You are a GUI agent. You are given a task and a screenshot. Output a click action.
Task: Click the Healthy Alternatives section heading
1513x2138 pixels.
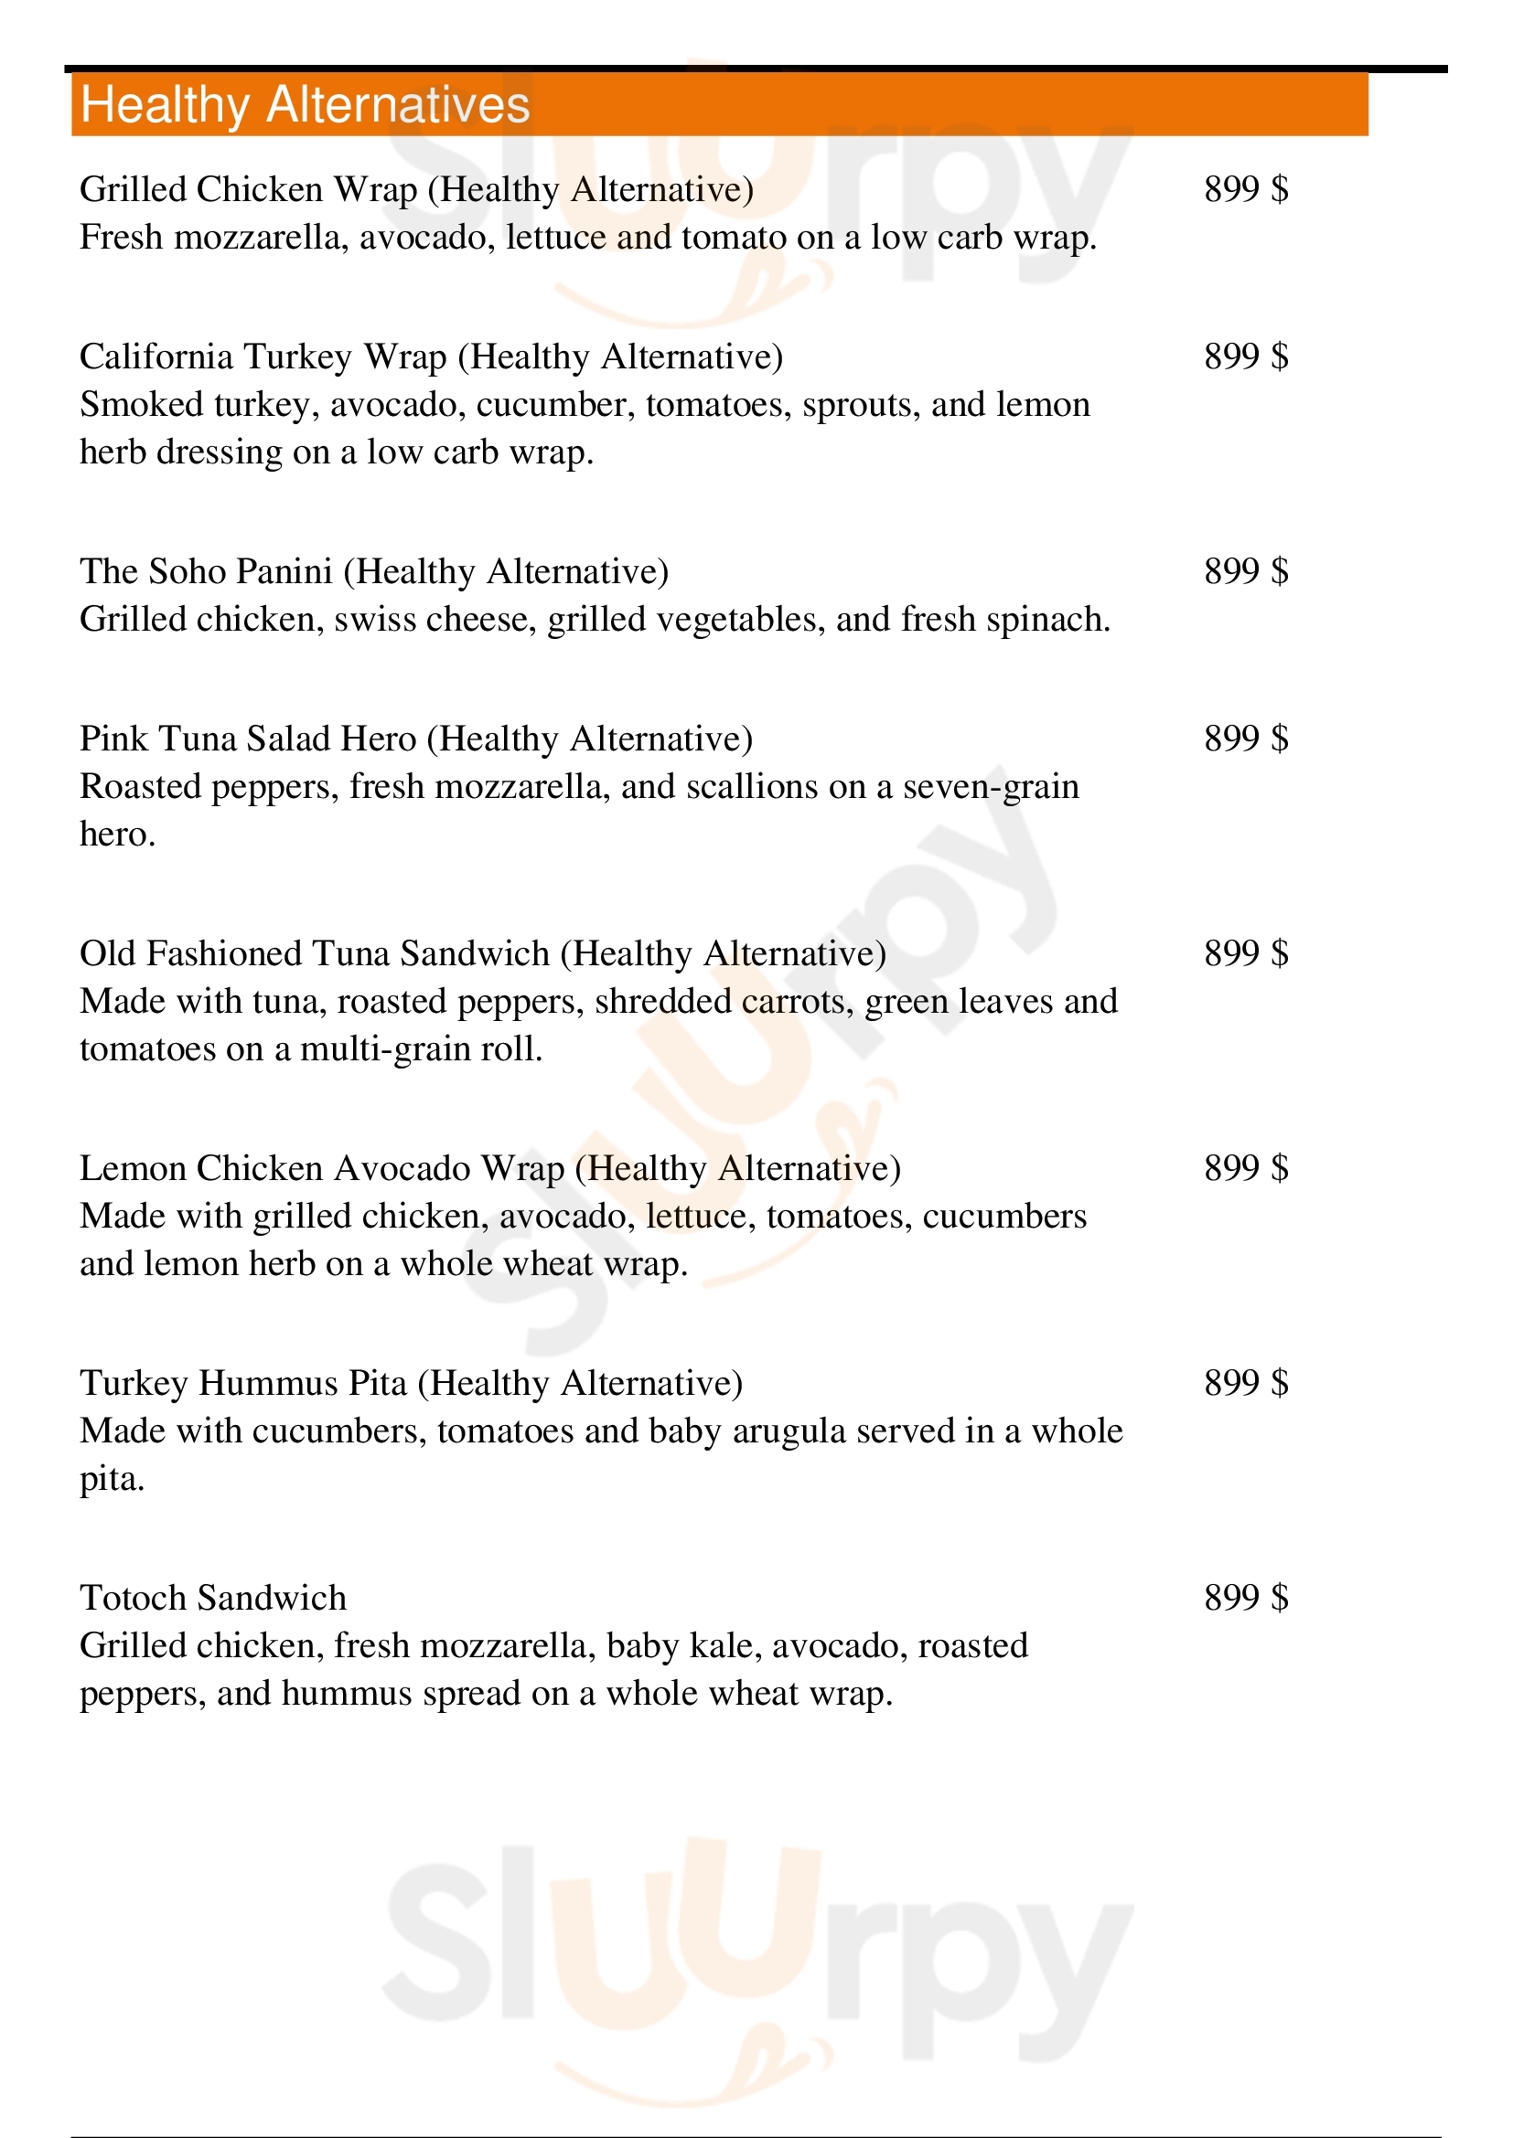click(x=305, y=104)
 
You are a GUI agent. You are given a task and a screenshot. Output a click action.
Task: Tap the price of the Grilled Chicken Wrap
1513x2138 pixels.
click(x=1246, y=189)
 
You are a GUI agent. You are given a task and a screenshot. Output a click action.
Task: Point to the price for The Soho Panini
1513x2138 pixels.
click(x=1246, y=570)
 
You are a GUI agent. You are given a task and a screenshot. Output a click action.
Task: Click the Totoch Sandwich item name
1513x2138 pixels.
click(x=212, y=1598)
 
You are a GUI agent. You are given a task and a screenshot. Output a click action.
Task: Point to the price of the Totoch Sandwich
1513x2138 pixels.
click(x=1246, y=1598)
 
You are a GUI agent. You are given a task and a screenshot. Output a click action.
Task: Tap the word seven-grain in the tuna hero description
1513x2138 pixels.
click(x=992, y=788)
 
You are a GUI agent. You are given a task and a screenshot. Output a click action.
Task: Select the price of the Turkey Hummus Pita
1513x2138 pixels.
click(x=1246, y=1383)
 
